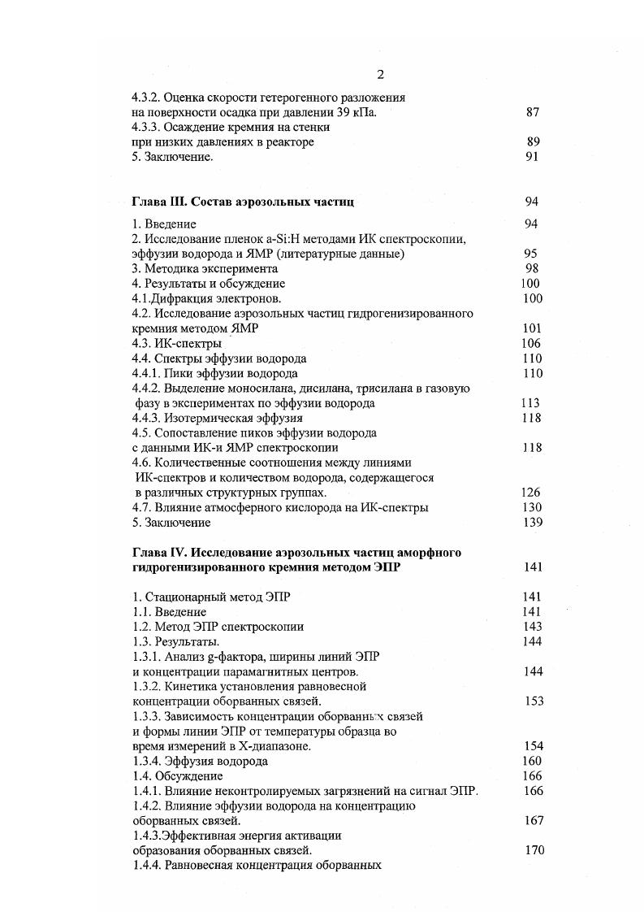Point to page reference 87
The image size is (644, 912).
point(533,113)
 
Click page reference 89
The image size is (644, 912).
point(533,142)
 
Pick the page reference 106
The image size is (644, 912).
point(532,344)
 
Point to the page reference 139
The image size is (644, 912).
point(533,523)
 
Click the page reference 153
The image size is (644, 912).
point(534,701)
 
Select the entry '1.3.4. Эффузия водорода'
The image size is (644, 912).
point(200,762)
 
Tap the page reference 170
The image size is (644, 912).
point(534,851)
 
